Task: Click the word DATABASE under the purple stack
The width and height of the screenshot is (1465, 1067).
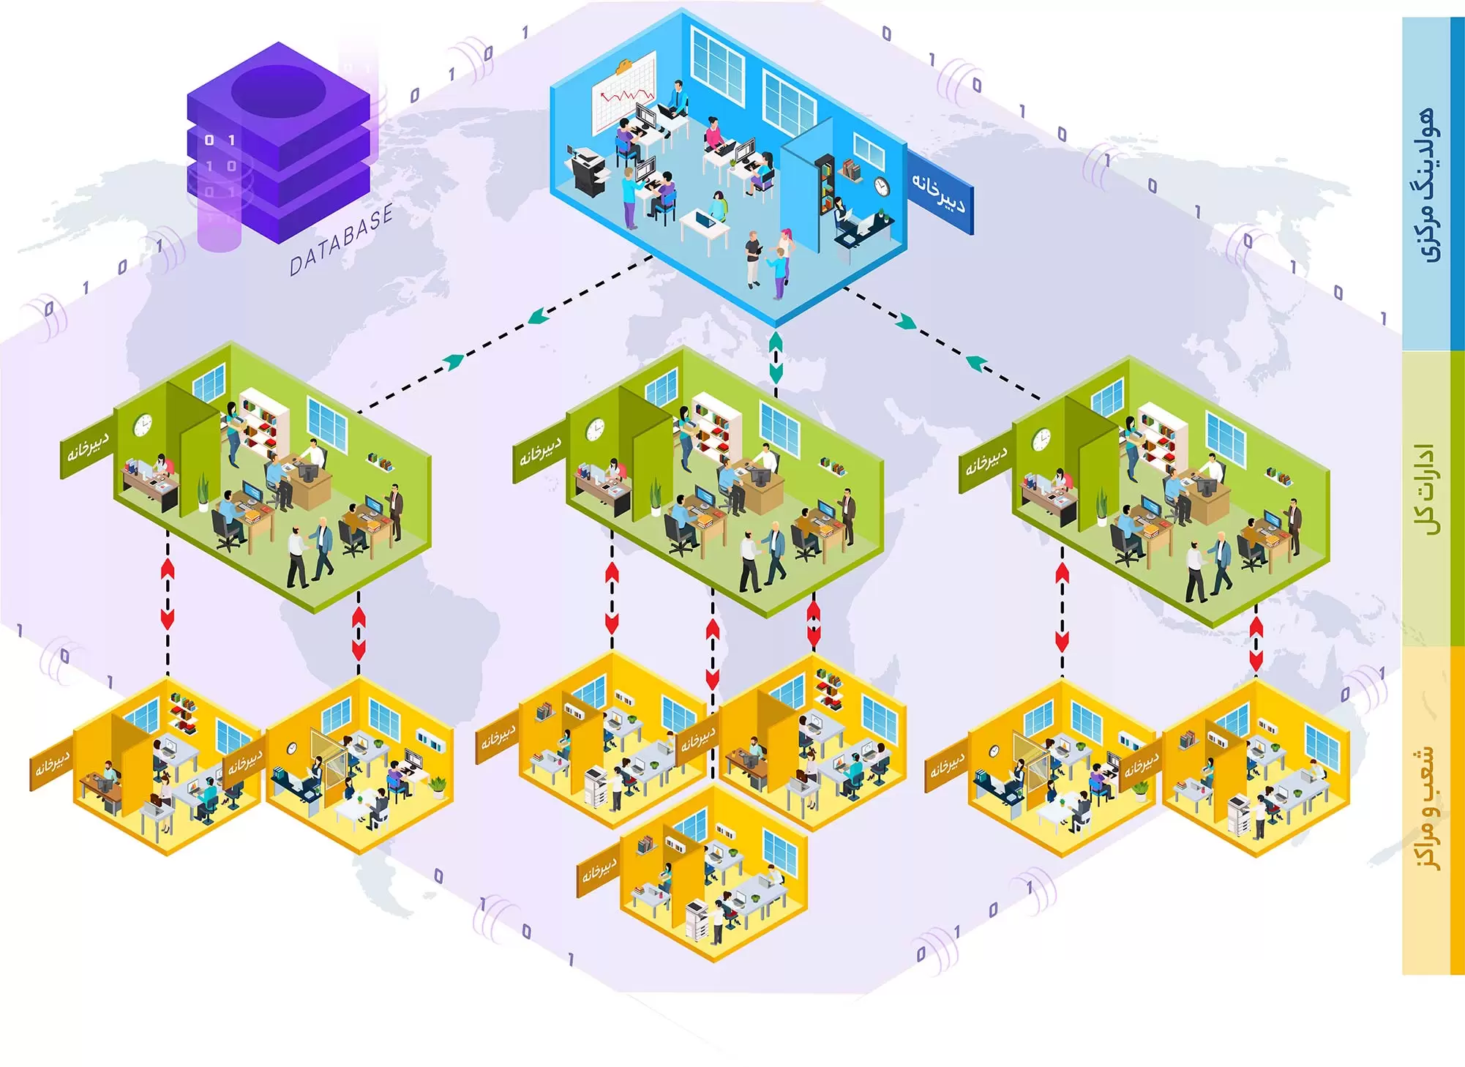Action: pos(341,240)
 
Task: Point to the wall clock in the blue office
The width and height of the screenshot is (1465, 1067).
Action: pos(882,187)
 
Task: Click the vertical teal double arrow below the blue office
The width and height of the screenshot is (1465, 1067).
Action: pos(776,359)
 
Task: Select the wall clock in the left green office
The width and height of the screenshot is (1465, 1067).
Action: pos(143,425)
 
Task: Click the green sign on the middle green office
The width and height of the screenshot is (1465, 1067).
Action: pos(540,454)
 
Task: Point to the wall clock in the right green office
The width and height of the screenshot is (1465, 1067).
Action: pos(1041,440)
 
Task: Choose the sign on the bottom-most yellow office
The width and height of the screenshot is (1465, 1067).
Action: pos(599,872)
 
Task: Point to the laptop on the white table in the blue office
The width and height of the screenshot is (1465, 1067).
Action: pos(705,218)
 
